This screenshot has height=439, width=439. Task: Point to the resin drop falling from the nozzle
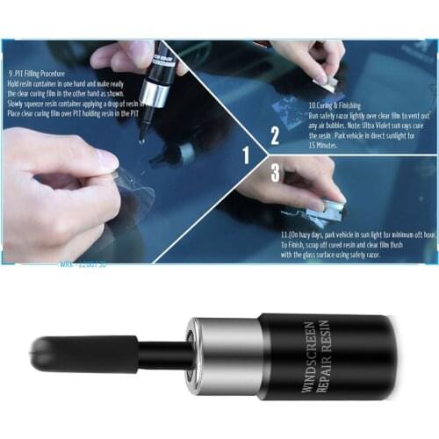[x=141, y=139]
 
